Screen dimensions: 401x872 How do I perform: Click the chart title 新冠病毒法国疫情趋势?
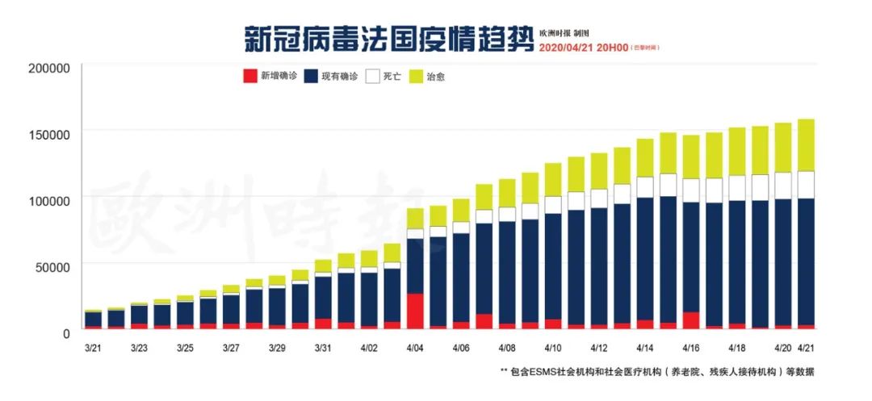coord(388,38)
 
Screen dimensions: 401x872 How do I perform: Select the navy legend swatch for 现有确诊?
coord(311,77)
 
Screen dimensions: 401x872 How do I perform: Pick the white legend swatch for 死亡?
coord(372,77)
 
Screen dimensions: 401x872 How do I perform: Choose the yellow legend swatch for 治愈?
coord(417,77)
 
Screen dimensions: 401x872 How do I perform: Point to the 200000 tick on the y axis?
coord(50,68)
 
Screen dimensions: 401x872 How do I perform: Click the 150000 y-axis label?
coord(50,134)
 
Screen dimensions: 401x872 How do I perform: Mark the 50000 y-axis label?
coord(53,265)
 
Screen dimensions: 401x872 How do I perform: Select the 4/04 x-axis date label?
coord(415,349)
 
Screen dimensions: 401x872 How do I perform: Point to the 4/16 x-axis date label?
coord(690,349)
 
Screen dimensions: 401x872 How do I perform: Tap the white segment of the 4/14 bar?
coord(645,187)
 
